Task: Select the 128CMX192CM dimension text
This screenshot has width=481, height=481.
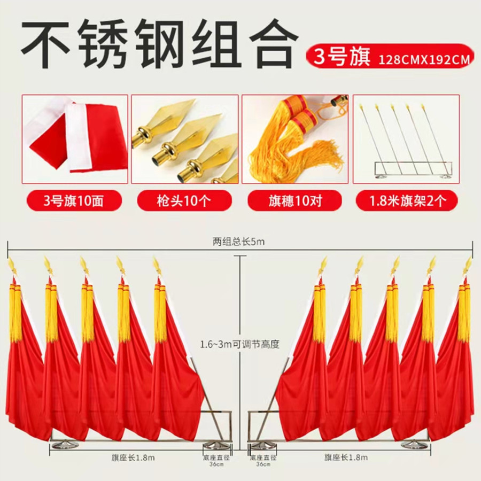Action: (x=425, y=59)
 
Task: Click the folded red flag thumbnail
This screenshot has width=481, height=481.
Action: (x=75, y=139)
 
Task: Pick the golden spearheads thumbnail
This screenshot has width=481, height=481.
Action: (x=185, y=139)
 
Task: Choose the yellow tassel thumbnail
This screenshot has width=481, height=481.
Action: (x=294, y=139)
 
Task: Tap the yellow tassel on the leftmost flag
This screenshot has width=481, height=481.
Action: (x=15, y=313)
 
